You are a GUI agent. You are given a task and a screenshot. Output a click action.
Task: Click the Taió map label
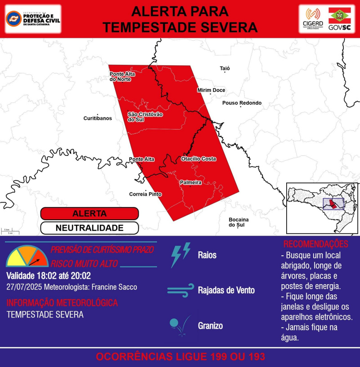coord(225,68)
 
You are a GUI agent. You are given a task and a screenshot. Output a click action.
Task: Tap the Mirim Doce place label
coord(211,91)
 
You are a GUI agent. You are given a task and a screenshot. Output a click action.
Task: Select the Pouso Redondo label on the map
coord(242,103)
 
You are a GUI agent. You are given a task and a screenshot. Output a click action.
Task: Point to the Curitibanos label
coord(98,118)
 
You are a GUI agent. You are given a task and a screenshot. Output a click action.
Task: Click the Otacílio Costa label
coord(198,159)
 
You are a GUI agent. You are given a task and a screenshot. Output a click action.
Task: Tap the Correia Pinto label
coord(145,194)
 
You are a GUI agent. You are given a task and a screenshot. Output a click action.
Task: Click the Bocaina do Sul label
coord(236,222)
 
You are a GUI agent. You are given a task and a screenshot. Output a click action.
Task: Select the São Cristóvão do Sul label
coord(145,117)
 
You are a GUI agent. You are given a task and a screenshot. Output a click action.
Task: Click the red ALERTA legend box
coord(89,213)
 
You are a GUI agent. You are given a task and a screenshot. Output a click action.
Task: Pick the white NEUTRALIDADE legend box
coord(89,228)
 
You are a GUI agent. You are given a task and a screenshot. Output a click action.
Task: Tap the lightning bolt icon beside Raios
coord(180,254)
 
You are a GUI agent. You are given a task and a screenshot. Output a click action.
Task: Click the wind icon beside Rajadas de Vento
coord(180,290)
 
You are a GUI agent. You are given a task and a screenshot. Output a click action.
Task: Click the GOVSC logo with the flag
coord(340,19)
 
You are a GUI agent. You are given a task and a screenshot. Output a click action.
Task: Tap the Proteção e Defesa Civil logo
coord(33,19)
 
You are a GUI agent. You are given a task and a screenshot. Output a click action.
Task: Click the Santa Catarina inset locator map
coord(322,207)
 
